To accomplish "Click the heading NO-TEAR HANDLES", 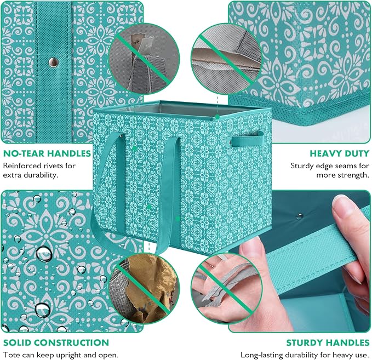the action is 47,153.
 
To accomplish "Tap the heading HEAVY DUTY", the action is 340,153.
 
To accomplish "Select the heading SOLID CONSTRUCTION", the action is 56,342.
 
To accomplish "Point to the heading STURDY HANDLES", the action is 328,342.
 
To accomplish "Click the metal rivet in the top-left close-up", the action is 54,62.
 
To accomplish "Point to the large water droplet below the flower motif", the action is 44,254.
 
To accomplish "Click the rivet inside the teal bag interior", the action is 299,216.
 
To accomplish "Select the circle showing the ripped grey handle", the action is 144,59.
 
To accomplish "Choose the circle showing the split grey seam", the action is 226,59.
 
